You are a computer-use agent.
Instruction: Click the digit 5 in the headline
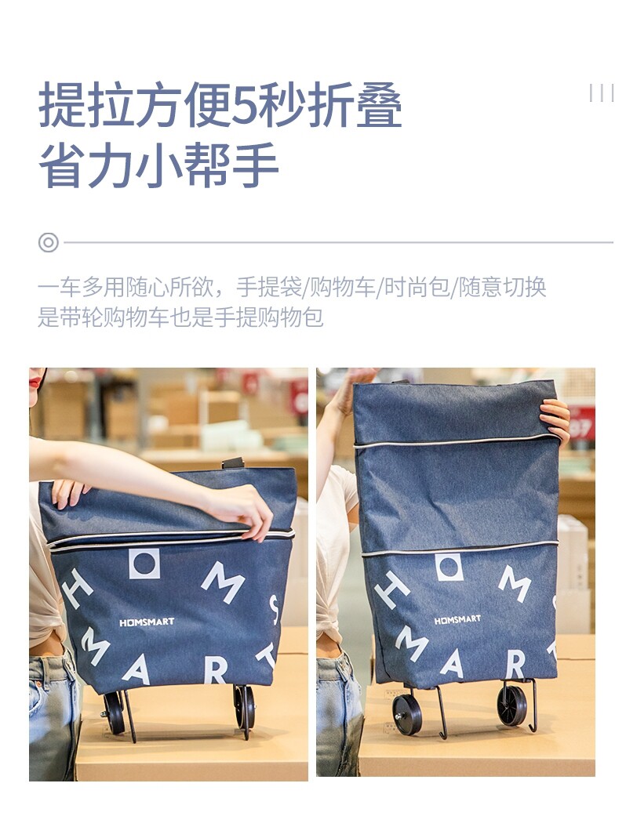249,105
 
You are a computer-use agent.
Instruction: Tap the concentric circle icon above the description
49,242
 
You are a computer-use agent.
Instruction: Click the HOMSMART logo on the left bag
147,622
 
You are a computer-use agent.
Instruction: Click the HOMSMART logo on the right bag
457,620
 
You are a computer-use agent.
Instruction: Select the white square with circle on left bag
144,564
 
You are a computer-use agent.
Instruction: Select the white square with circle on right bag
449,567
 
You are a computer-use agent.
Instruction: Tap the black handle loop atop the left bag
233,462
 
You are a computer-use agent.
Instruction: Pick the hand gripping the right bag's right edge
555,421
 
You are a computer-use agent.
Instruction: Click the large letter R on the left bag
216,671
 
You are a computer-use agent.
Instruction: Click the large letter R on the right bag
515,665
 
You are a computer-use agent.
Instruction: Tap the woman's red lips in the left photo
35,382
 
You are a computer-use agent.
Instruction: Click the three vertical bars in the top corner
602,92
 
